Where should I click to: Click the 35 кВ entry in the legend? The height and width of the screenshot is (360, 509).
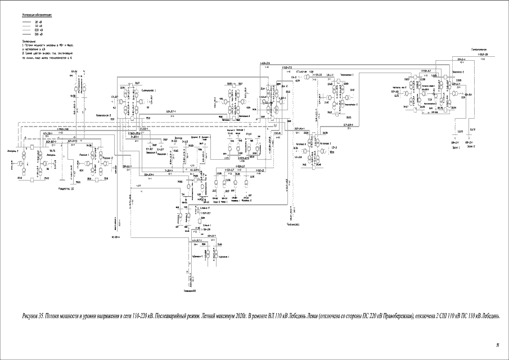(x=38, y=21)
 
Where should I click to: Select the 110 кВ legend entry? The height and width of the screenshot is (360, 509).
(x=38, y=26)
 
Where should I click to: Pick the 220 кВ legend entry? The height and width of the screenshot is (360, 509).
(x=38, y=30)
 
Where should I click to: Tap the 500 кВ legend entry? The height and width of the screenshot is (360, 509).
(x=38, y=35)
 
